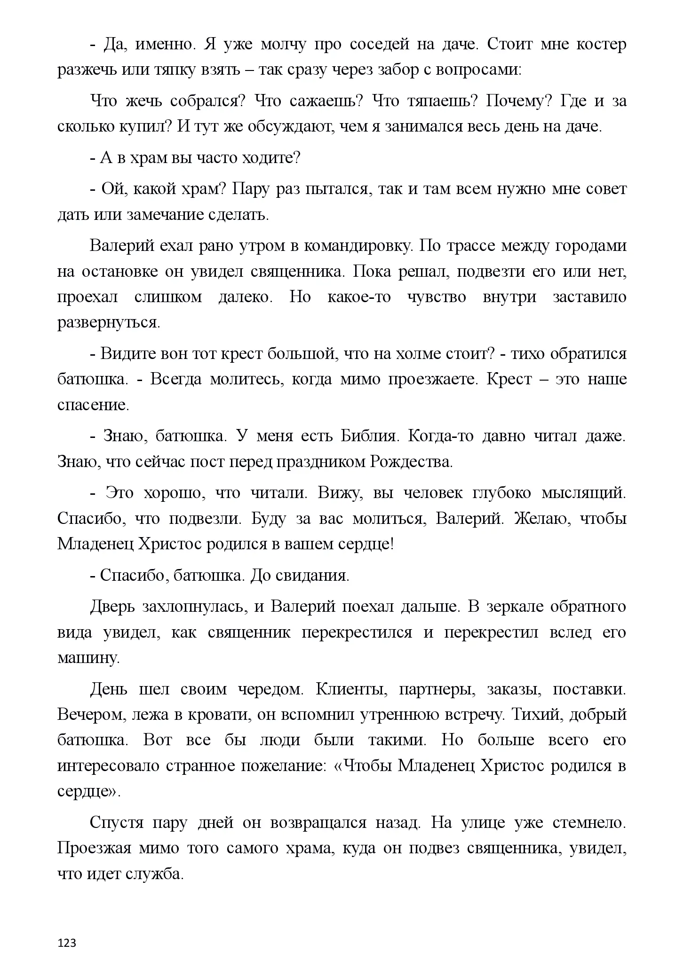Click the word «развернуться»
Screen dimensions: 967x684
[x=108, y=323]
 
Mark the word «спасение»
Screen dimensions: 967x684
[x=93, y=405]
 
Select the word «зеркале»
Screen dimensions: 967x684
[x=514, y=607]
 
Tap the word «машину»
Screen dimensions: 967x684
[x=88, y=658]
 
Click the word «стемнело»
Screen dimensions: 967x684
[x=589, y=823]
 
